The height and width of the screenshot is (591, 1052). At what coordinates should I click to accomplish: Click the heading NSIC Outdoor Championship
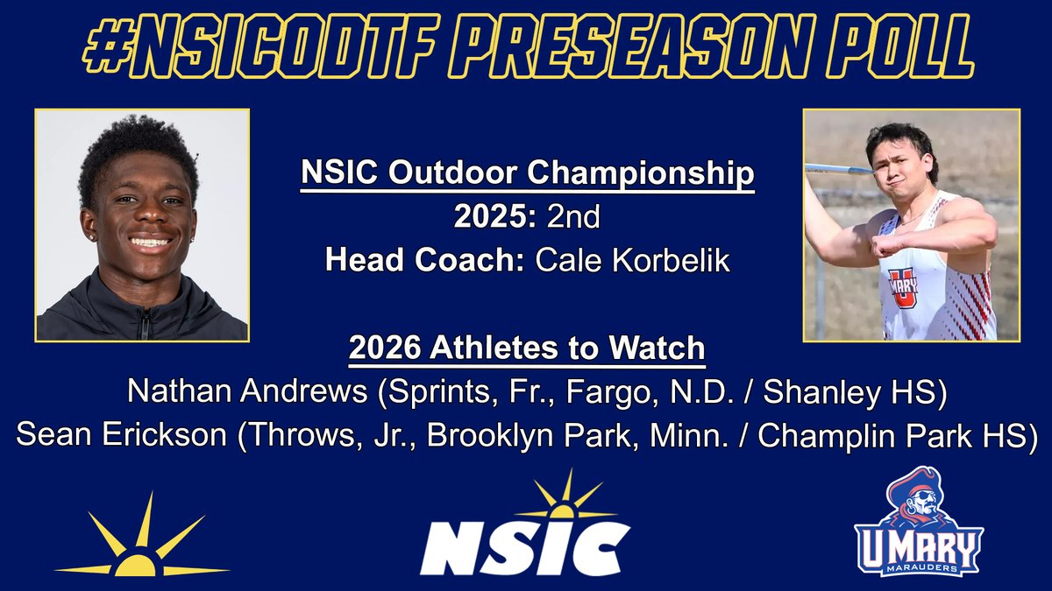(527, 174)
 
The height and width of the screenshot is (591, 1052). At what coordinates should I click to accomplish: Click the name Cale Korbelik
(628, 260)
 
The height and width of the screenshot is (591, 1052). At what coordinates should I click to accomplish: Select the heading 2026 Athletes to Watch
(527, 348)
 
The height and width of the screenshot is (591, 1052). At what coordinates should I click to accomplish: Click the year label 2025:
(494, 217)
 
